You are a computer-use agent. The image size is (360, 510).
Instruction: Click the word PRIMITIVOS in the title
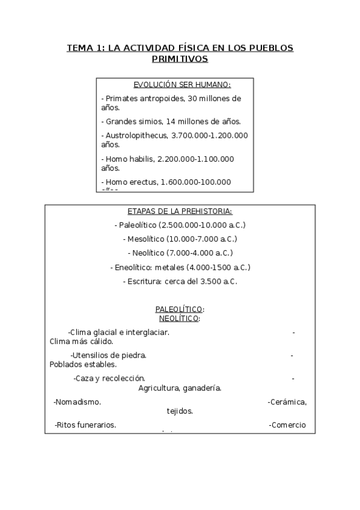[x=180, y=59]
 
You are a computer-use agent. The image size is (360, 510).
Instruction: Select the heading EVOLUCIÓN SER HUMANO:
[x=174, y=85]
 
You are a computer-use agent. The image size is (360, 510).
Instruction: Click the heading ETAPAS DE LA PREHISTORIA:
[x=180, y=211]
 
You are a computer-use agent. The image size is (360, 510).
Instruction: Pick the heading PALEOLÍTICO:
[x=180, y=309]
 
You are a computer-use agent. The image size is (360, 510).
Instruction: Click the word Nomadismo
[x=78, y=402]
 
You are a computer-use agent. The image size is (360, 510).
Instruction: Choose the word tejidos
[x=180, y=411]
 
